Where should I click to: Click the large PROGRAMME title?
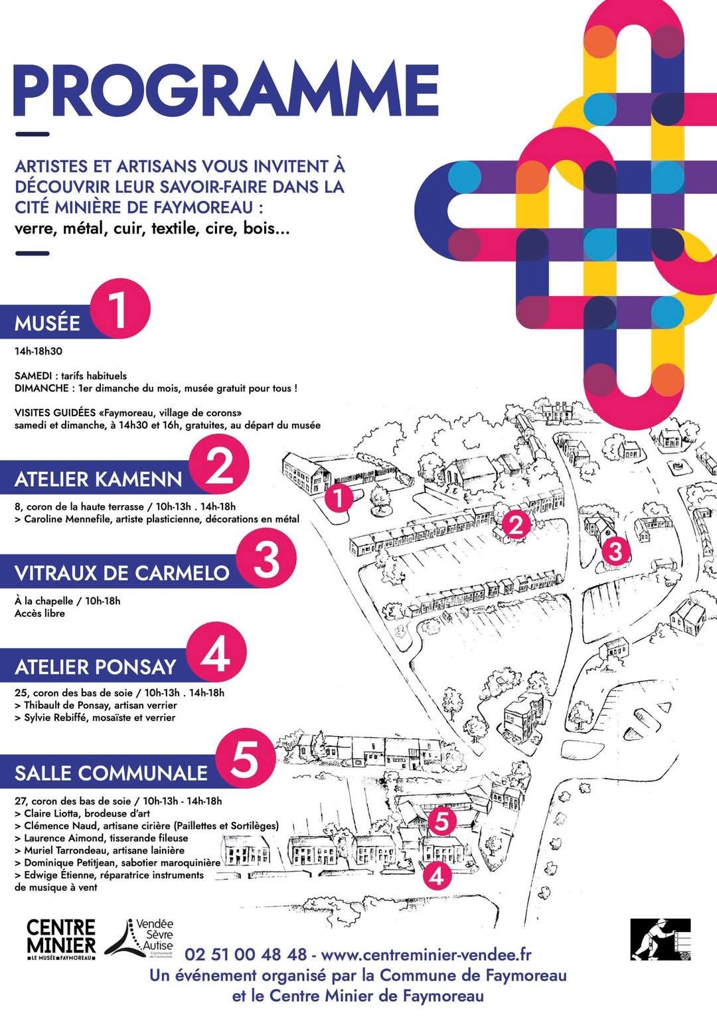click(226, 90)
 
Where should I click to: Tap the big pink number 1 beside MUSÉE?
click(120, 309)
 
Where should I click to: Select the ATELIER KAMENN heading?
click(98, 480)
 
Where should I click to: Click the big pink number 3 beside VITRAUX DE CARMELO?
click(266, 560)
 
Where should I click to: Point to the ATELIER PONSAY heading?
click(96, 667)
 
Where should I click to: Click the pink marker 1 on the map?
click(339, 499)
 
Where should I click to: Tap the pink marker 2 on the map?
click(517, 525)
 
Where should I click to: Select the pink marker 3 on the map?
click(615, 552)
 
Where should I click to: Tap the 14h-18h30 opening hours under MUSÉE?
click(38, 351)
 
